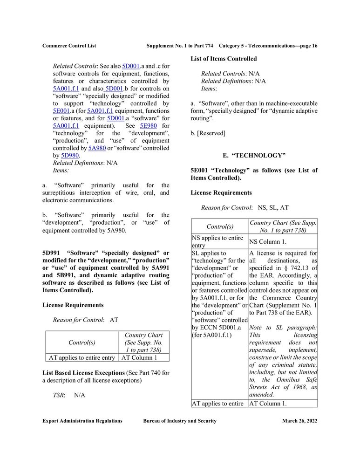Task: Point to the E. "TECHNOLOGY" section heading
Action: click(x=254, y=156)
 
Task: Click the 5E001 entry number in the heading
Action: click(x=199, y=171)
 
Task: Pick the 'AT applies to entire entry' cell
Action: click(x=82, y=358)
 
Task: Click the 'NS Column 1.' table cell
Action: click(x=268, y=242)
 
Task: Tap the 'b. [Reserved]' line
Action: click(x=208, y=133)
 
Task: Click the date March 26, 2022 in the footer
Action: click(x=299, y=421)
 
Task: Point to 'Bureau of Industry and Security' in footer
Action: click(x=180, y=421)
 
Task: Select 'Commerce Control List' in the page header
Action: click(x=69, y=46)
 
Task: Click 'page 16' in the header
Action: click(x=307, y=46)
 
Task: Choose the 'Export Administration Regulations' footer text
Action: click(x=82, y=421)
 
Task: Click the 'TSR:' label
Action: click(x=59, y=395)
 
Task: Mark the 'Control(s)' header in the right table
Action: click(x=220, y=226)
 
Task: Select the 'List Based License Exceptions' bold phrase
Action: click(x=83, y=373)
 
